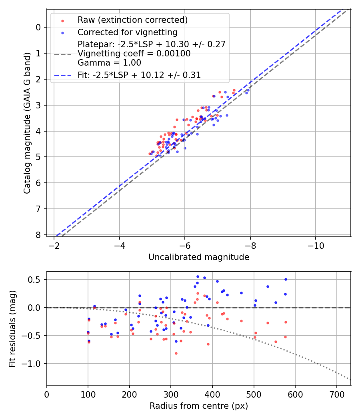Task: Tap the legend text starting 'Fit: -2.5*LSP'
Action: pos(139,75)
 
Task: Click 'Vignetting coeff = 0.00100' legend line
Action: pos(134,54)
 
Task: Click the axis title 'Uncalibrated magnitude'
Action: pos(199,257)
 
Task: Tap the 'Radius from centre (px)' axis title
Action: pos(199,406)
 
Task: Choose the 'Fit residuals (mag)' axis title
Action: pos(13,328)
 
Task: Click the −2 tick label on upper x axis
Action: pos(54,246)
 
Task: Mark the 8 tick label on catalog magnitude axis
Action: pos(38,235)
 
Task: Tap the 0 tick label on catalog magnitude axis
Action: pos(38,27)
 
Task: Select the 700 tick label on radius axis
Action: pos(336,395)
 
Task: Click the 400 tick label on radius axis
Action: pos(212,395)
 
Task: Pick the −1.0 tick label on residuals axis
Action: pos(34,364)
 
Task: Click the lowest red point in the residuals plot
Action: pos(176,353)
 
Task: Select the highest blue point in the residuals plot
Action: pos(198,276)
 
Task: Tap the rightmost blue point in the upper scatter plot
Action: pos(248,90)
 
